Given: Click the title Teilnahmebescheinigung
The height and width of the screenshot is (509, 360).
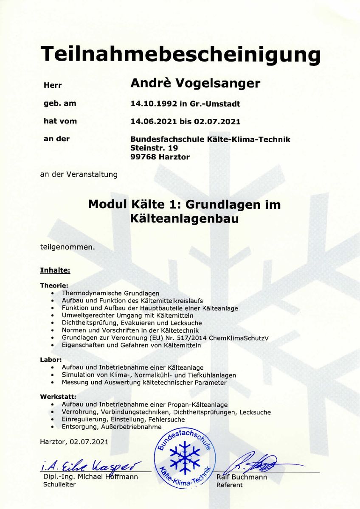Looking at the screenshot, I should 180,55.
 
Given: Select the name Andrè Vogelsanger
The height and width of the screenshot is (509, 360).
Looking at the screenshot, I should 195,83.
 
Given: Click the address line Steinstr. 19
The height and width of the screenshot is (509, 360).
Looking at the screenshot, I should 154,148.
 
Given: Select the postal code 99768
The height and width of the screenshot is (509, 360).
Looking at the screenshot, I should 142,157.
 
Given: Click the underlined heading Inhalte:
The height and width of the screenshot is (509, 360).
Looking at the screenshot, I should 55,270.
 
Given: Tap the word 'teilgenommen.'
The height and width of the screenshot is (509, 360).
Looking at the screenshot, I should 67,246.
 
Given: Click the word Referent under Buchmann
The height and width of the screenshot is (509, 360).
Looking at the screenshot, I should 229,485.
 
